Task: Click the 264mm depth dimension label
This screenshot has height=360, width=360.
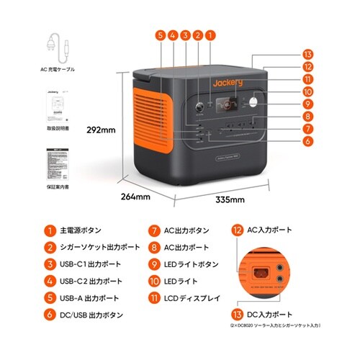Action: (x=135, y=196)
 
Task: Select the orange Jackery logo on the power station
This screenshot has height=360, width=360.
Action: (x=228, y=83)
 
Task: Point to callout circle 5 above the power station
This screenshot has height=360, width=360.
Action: (x=159, y=34)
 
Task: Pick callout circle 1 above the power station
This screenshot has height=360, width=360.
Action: (x=210, y=34)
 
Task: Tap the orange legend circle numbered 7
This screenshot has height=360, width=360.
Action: (x=154, y=231)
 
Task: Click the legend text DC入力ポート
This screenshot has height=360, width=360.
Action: (x=270, y=315)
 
